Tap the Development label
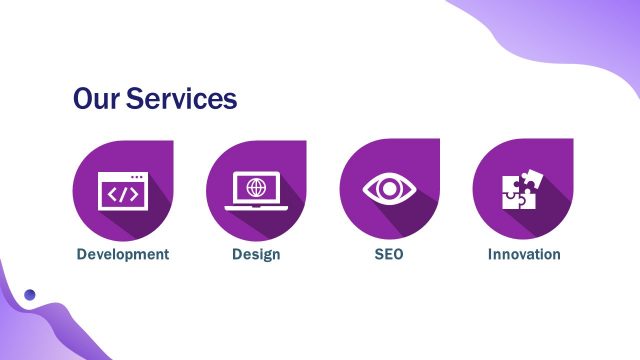(x=123, y=254)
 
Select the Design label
(x=256, y=254)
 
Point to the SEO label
(x=389, y=254)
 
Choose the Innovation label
(x=524, y=254)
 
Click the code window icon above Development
(x=123, y=191)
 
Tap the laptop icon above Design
(x=257, y=191)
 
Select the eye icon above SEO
(x=389, y=189)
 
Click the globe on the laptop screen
(x=257, y=186)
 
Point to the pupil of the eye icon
(x=389, y=189)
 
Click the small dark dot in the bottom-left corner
(x=30, y=295)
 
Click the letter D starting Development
(x=82, y=254)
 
